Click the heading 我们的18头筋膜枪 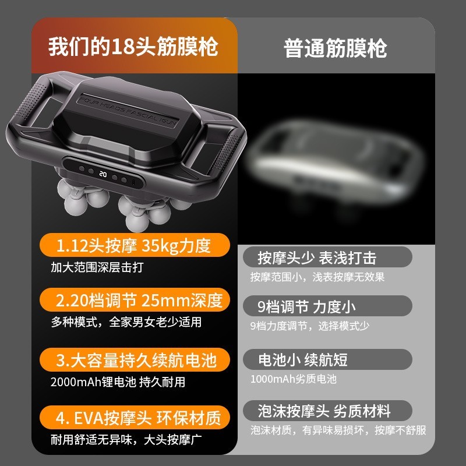point(133,47)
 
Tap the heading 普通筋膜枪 point(336,48)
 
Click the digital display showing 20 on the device point(103,173)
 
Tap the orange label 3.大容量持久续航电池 point(134,361)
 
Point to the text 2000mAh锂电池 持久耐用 point(118,382)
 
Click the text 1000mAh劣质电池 point(293,379)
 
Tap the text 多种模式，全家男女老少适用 point(126,322)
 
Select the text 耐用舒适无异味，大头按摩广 point(126,438)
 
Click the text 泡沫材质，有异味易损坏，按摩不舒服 point(338,430)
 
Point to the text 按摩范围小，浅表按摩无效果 point(317,277)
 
